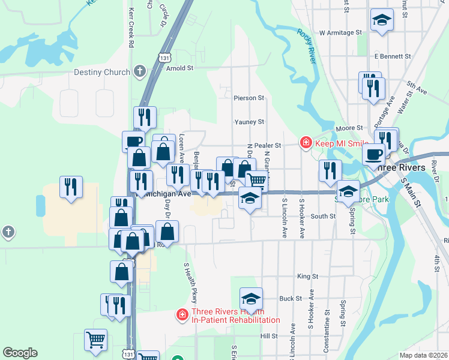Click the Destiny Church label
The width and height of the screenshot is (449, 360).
101,72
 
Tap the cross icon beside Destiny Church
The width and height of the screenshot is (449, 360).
140,71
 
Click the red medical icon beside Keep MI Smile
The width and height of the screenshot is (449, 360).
306,142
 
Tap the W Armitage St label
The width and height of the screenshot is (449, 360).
341,32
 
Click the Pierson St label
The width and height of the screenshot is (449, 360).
249,97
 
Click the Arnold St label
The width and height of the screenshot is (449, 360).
179,68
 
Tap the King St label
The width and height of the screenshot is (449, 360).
307,276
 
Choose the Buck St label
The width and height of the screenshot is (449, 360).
290,298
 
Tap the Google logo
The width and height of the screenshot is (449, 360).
20,353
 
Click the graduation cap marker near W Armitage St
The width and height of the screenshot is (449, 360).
382,20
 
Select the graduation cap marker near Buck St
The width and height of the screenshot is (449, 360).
252,298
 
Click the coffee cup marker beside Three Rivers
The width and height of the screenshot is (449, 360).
374,154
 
